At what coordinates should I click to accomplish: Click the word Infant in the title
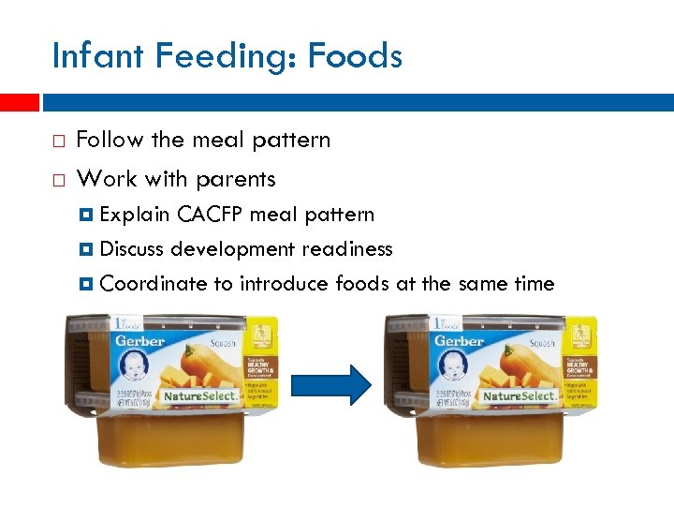coord(96,57)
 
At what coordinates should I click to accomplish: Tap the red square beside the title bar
coord(19,101)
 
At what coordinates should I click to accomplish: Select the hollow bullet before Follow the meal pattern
coord(58,141)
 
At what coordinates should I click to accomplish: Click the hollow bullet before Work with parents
coord(58,179)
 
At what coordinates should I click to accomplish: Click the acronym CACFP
coord(210,215)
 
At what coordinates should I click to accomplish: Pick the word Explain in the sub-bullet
coord(134,215)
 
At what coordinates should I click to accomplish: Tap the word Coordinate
coord(153,284)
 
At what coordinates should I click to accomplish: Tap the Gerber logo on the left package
coord(139,342)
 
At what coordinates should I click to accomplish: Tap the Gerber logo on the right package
coord(460,342)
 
